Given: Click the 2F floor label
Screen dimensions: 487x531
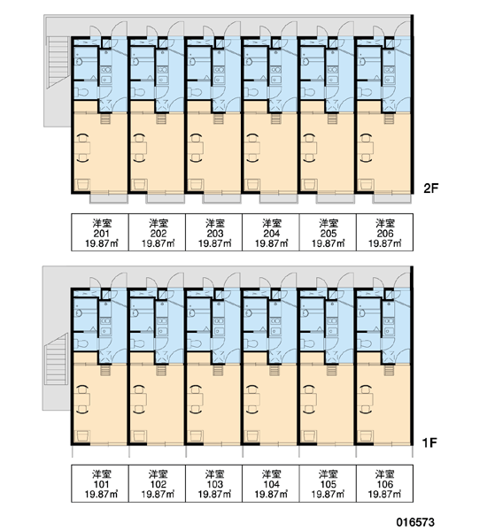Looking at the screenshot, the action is (430, 188).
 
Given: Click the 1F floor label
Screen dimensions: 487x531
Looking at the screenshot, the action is (429, 442).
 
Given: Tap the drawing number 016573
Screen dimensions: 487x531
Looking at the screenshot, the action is (416, 522).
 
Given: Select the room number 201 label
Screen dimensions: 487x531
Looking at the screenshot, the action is (101, 234).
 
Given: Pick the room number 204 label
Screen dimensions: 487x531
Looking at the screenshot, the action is (272, 234).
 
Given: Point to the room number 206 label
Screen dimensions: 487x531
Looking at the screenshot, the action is (385, 234).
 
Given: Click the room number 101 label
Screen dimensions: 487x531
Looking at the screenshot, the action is (101, 484).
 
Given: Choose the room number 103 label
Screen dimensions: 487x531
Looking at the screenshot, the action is (215, 484).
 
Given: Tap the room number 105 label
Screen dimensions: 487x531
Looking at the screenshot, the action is (328, 484).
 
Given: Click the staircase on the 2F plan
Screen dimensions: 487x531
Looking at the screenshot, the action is (59, 62).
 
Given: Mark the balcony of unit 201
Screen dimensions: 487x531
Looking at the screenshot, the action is (108, 198).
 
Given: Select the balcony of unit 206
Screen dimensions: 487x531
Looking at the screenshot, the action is (392, 198).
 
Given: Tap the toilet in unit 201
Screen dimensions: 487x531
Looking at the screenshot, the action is (81, 92).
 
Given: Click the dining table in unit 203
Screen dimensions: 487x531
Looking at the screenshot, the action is (197, 148).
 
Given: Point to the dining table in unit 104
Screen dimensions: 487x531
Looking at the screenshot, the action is (253, 399).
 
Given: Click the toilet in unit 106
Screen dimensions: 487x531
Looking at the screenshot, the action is (365, 343).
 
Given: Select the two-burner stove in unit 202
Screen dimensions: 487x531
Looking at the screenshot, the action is (162, 70).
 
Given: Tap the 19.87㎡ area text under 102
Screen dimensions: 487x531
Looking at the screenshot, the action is (158, 494).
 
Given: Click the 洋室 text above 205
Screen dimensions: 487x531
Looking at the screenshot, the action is (329, 223).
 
